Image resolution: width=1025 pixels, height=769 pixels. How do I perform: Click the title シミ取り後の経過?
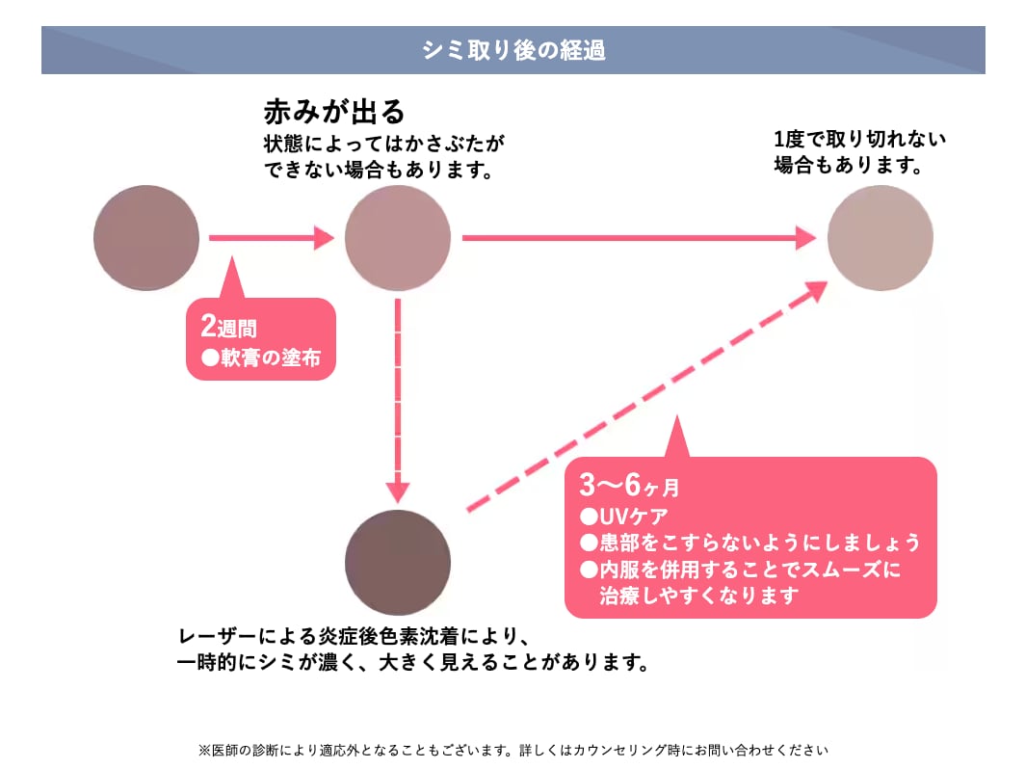pos(512,50)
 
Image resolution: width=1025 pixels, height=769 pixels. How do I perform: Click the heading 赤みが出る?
pos(333,112)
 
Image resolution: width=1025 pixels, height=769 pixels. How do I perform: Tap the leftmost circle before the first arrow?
pos(146,237)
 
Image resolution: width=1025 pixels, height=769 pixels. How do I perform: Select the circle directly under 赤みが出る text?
pos(398,237)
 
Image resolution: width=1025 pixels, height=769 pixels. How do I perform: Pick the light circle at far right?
pos(880,237)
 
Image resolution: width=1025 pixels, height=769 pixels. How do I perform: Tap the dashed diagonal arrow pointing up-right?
pos(645,395)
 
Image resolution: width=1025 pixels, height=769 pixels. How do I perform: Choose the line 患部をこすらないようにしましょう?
pos(749,542)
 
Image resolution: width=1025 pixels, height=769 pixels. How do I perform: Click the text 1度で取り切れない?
pos(860,139)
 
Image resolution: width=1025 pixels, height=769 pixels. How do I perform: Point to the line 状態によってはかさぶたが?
pos(384,145)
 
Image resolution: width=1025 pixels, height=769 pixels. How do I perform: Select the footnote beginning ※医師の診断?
pos(512,749)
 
